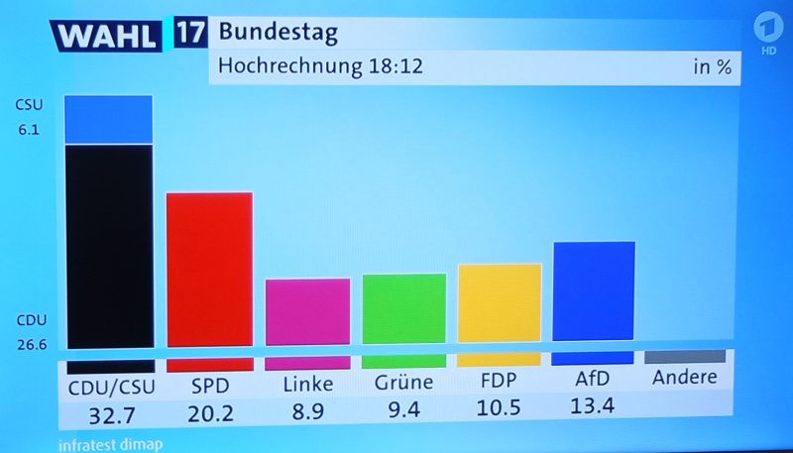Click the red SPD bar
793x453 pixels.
[208, 268]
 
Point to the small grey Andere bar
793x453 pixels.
[684, 356]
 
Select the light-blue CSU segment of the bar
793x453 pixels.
[108, 119]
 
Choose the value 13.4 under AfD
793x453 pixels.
[593, 405]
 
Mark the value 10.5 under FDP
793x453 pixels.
[499, 408]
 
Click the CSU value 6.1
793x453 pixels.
[28, 129]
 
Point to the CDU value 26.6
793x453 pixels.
[31, 345]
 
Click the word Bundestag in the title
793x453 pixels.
[278, 32]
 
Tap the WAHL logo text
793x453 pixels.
[106, 37]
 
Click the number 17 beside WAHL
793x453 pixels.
[190, 33]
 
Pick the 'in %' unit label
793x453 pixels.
[712, 68]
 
